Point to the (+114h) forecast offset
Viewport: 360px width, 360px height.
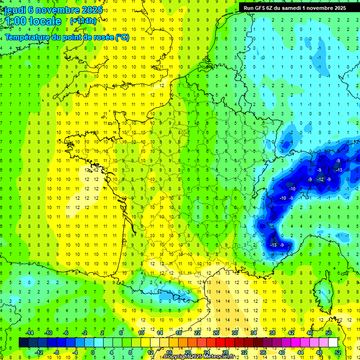pyautogui.click(x=83, y=21)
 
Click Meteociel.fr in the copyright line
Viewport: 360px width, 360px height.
pyautogui.click(x=219, y=357)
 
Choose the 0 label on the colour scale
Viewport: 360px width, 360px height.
pyautogui.click(x=93, y=352)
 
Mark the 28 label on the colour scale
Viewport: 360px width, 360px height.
pyautogui.click(x=225, y=352)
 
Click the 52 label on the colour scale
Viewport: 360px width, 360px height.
pyautogui.click(x=338, y=352)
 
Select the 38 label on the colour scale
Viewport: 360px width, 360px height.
pyautogui.click(x=272, y=333)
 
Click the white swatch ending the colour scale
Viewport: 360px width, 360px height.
pyautogui.click(x=333, y=343)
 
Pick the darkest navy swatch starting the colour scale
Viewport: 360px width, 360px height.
pyautogui.click(x=23, y=343)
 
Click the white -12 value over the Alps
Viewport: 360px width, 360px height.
pyautogui.click(x=321, y=180)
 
